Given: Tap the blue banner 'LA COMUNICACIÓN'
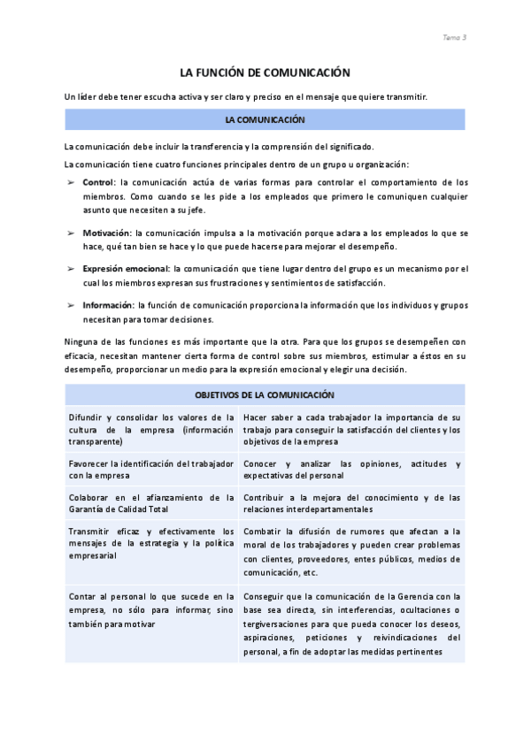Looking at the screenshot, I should coord(265,119).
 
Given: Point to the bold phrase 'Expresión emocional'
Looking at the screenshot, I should coord(125,269).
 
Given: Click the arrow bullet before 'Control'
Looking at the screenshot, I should coord(71,182).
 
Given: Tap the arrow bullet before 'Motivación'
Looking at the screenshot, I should coord(71,233).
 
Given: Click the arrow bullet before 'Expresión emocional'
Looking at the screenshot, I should coord(71,269).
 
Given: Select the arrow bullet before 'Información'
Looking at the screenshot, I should coord(71,305).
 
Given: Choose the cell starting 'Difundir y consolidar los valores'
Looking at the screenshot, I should coord(151,429).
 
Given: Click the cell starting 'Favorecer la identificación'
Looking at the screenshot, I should coord(151,470).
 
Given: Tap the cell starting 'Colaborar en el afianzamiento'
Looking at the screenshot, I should coord(151,502).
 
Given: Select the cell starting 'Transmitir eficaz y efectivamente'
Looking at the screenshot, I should coord(151,543).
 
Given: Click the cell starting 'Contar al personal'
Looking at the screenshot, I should coord(151,609).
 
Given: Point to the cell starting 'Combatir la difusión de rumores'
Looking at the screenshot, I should coord(352,551).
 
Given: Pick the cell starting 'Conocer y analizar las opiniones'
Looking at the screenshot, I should coord(352,470).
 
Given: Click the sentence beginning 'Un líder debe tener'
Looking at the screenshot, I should coord(246,96).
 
